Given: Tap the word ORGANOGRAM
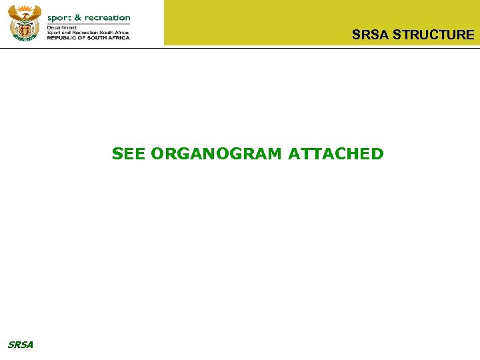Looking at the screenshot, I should point(217,154).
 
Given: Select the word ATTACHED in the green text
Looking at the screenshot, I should point(336,154).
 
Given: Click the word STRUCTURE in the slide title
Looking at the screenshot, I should point(433,35).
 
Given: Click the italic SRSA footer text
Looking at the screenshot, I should point(20,345).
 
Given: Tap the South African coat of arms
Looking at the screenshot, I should point(24,23).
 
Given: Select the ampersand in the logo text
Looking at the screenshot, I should point(79,17).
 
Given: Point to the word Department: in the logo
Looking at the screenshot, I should point(62,27).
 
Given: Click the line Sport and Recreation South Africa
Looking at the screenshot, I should point(87,32).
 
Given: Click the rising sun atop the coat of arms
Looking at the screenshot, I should point(25,8).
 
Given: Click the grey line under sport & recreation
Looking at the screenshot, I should point(88,23).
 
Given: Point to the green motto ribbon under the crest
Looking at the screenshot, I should point(25,39).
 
